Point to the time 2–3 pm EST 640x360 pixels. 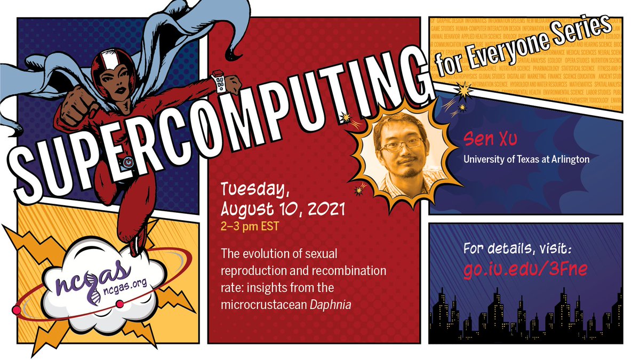coord(250,226)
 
